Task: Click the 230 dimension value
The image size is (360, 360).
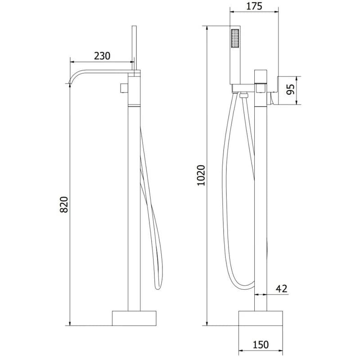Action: pyautogui.click(x=102, y=56)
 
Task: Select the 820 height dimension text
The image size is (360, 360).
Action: pyautogui.click(x=64, y=204)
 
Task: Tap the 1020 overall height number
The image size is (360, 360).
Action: pyautogui.click(x=201, y=175)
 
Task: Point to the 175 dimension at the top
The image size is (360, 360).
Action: pyautogui.click(x=254, y=6)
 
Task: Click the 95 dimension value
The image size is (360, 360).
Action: pyautogui.click(x=291, y=90)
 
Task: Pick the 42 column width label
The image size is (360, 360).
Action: pyautogui.click(x=282, y=288)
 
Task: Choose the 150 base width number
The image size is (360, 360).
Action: pyautogui.click(x=261, y=345)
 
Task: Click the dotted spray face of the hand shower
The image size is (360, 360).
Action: pyautogui.click(x=235, y=38)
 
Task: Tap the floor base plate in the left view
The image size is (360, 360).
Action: pyautogui.click(x=134, y=318)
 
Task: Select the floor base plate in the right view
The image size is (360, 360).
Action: pyautogui.click(x=261, y=318)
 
